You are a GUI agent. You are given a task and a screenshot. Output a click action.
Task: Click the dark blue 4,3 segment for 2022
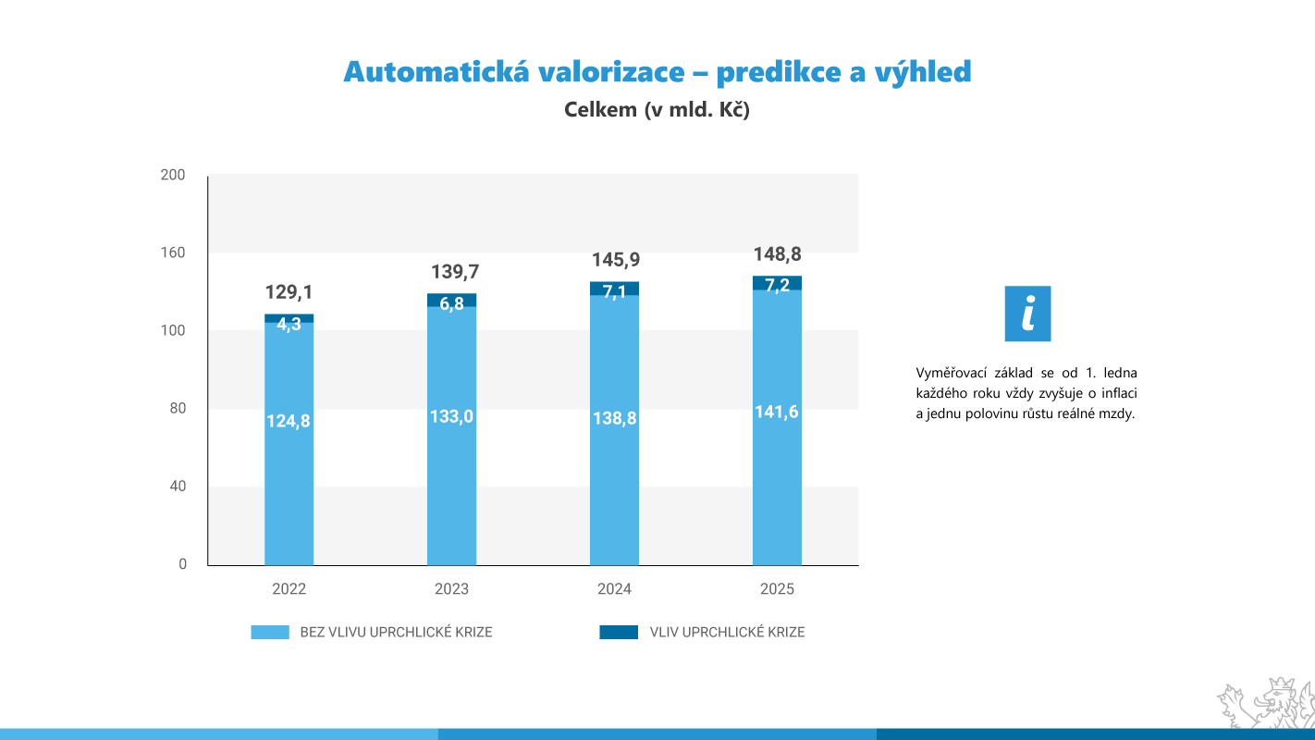[x=289, y=319]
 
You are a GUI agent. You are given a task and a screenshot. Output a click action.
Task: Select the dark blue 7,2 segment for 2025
[x=777, y=283]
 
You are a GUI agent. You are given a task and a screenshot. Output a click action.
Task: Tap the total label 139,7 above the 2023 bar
[x=455, y=272]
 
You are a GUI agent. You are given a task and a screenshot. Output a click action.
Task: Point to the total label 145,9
[x=616, y=261]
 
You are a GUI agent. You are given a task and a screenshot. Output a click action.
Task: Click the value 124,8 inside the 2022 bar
[x=289, y=421]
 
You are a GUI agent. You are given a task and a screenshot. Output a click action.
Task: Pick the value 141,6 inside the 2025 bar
[x=777, y=413]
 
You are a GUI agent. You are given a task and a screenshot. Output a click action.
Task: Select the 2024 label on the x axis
[x=614, y=589]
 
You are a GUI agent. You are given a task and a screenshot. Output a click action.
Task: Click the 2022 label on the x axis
[x=289, y=589]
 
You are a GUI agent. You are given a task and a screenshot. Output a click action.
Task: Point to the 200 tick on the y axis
[x=173, y=175]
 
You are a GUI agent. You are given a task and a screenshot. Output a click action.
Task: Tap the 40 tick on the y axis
[x=176, y=487]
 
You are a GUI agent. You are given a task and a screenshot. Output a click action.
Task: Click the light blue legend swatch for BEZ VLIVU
[x=270, y=633]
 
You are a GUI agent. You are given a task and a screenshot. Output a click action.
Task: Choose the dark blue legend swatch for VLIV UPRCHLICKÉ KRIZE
[x=619, y=633]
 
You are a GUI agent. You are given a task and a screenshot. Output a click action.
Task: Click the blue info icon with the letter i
[x=1027, y=314]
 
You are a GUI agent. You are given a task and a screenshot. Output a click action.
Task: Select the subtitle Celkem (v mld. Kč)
[x=657, y=110]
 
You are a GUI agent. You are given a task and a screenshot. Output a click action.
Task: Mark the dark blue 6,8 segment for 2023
[x=451, y=301]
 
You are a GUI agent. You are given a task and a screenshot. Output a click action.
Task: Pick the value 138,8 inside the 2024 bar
[x=614, y=418]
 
